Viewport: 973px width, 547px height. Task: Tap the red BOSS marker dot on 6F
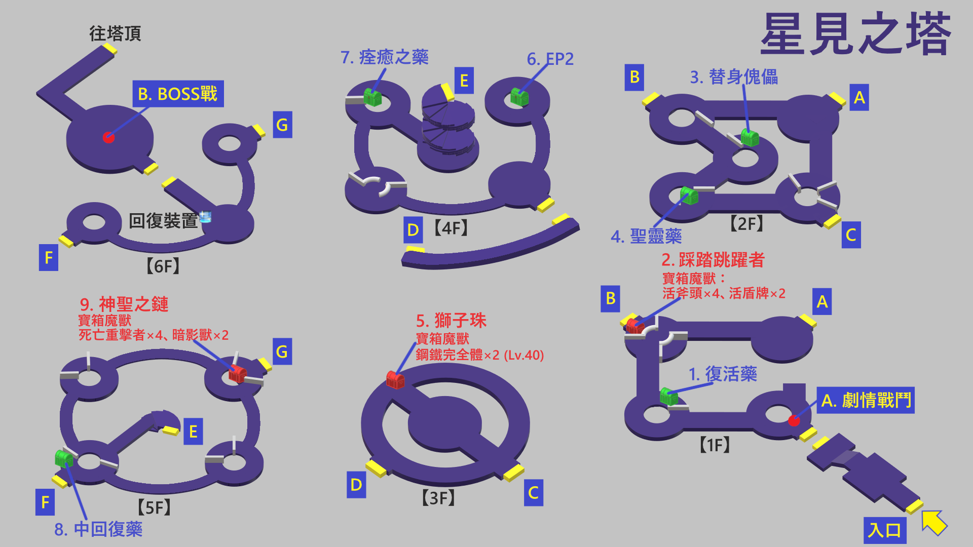click(x=108, y=137)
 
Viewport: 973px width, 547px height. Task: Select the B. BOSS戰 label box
click(x=178, y=94)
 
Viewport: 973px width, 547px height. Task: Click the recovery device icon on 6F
click(x=205, y=217)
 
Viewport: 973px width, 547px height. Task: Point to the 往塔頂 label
click(x=115, y=33)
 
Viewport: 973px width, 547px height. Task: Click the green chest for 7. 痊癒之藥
click(x=372, y=97)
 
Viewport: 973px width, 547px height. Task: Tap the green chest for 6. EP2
click(x=519, y=96)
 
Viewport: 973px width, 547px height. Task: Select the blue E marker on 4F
click(x=464, y=81)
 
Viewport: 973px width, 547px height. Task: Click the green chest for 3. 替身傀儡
click(x=750, y=137)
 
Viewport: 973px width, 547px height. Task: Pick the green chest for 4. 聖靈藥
click(x=689, y=195)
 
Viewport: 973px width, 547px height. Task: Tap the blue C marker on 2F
click(x=851, y=235)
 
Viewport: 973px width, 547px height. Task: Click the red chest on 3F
click(x=395, y=379)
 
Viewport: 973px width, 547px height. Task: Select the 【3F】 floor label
click(x=438, y=498)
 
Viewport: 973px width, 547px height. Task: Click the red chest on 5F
click(x=237, y=373)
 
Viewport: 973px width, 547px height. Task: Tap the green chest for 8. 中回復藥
click(x=64, y=458)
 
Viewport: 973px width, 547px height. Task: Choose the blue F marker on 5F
click(x=45, y=502)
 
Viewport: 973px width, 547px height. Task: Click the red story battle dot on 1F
click(x=794, y=420)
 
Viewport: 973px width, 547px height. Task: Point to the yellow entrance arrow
click(x=934, y=522)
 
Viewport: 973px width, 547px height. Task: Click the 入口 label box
click(x=884, y=530)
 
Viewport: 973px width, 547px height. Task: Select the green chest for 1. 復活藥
click(x=669, y=396)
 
